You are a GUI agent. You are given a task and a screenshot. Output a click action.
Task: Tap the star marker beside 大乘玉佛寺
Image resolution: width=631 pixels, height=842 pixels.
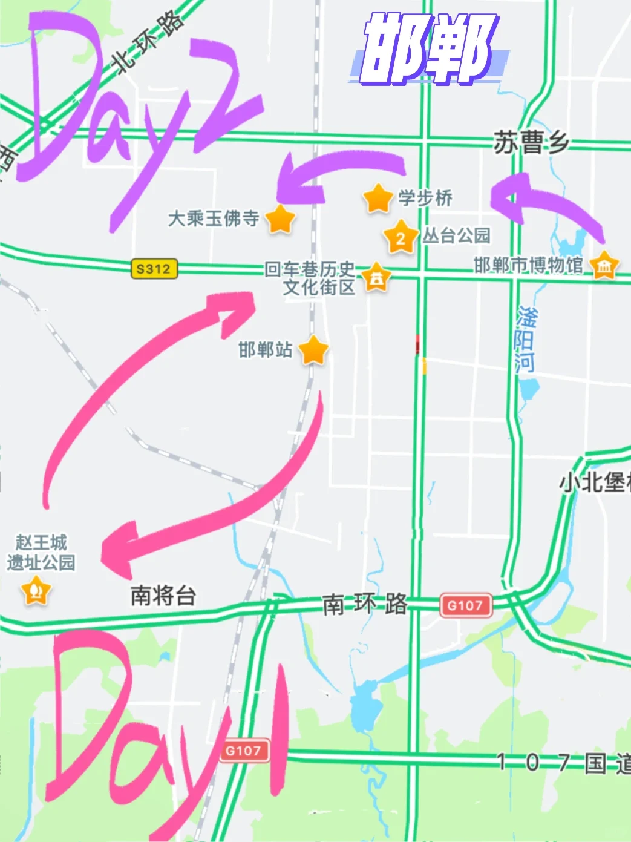click(280, 219)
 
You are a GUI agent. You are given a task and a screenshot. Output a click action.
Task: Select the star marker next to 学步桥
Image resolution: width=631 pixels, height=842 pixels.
click(378, 198)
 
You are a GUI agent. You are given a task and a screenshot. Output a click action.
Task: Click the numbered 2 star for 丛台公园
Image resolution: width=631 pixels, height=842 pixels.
click(400, 237)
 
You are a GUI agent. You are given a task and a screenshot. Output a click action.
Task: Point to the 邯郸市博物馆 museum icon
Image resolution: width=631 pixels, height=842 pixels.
click(604, 265)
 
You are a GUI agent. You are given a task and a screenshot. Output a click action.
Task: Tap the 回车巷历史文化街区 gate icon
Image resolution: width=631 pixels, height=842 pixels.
click(376, 278)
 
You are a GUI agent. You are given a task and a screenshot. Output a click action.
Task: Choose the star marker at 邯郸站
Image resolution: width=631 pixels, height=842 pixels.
click(313, 350)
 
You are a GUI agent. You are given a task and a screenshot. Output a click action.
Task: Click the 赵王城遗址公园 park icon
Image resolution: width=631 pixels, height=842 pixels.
click(36, 590)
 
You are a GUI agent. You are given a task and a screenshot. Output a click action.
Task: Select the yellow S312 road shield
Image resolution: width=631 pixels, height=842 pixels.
click(154, 269)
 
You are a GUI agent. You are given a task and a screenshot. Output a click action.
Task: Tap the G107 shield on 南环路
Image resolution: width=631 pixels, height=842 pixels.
click(465, 605)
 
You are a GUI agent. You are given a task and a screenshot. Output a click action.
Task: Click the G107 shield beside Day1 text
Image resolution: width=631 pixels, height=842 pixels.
click(243, 751)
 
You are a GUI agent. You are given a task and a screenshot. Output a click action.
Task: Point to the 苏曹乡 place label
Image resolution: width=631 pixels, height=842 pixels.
click(531, 143)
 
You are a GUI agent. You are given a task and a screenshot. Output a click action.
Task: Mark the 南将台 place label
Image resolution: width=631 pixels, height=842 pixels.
click(163, 596)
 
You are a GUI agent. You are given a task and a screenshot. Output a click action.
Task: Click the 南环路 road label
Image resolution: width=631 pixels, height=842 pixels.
click(365, 604)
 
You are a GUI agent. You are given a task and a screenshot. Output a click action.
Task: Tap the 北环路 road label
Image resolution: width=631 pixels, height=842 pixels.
click(149, 42)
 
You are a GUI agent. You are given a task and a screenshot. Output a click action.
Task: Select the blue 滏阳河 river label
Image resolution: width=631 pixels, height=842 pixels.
click(525, 340)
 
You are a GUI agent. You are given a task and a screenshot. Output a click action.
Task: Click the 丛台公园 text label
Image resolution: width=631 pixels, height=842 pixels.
click(456, 235)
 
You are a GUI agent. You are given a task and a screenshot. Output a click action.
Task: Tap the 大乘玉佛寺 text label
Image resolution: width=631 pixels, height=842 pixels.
click(214, 219)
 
